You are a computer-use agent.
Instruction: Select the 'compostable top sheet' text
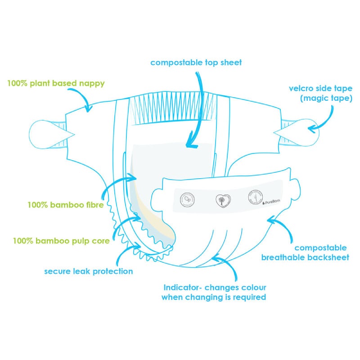(x=196, y=63)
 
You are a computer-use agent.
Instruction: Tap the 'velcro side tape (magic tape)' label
(x=320, y=92)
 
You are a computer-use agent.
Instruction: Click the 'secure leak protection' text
(x=89, y=271)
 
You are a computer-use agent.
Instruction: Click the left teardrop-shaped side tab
(x=45, y=133)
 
